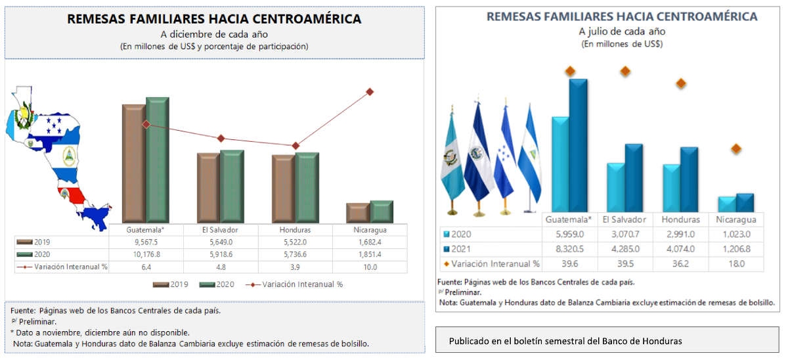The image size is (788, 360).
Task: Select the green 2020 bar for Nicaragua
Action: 382,211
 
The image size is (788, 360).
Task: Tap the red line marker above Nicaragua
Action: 370,91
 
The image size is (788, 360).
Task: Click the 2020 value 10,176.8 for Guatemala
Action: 146,255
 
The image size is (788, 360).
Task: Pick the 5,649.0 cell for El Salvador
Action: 221,242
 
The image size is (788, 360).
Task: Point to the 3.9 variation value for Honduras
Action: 295,267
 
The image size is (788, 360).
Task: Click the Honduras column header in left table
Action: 295,231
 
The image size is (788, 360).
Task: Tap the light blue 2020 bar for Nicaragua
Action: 726,204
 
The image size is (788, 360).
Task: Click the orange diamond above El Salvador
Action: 625,71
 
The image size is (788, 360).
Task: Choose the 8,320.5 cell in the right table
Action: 569,250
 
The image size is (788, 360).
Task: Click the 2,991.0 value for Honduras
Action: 680,235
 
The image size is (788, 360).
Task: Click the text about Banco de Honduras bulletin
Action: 565,341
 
